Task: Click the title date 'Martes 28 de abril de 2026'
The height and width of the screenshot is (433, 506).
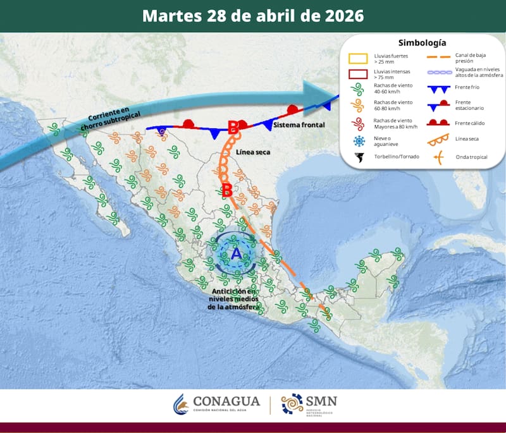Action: [x=253, y=16]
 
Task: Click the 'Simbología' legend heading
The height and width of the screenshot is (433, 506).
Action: [x=422, y=43]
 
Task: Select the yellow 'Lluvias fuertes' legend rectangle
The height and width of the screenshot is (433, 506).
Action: [x=359, y=59]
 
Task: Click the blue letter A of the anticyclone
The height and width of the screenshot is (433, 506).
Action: [x=236, y=254]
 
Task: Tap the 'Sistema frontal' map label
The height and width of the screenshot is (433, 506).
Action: [x=299, y=125]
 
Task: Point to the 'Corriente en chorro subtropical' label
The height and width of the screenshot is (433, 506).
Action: [x=111, y=118]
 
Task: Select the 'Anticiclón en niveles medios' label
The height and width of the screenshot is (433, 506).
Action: [x=234, y=298]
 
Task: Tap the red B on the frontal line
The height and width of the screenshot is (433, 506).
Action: [x=233, y=127]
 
